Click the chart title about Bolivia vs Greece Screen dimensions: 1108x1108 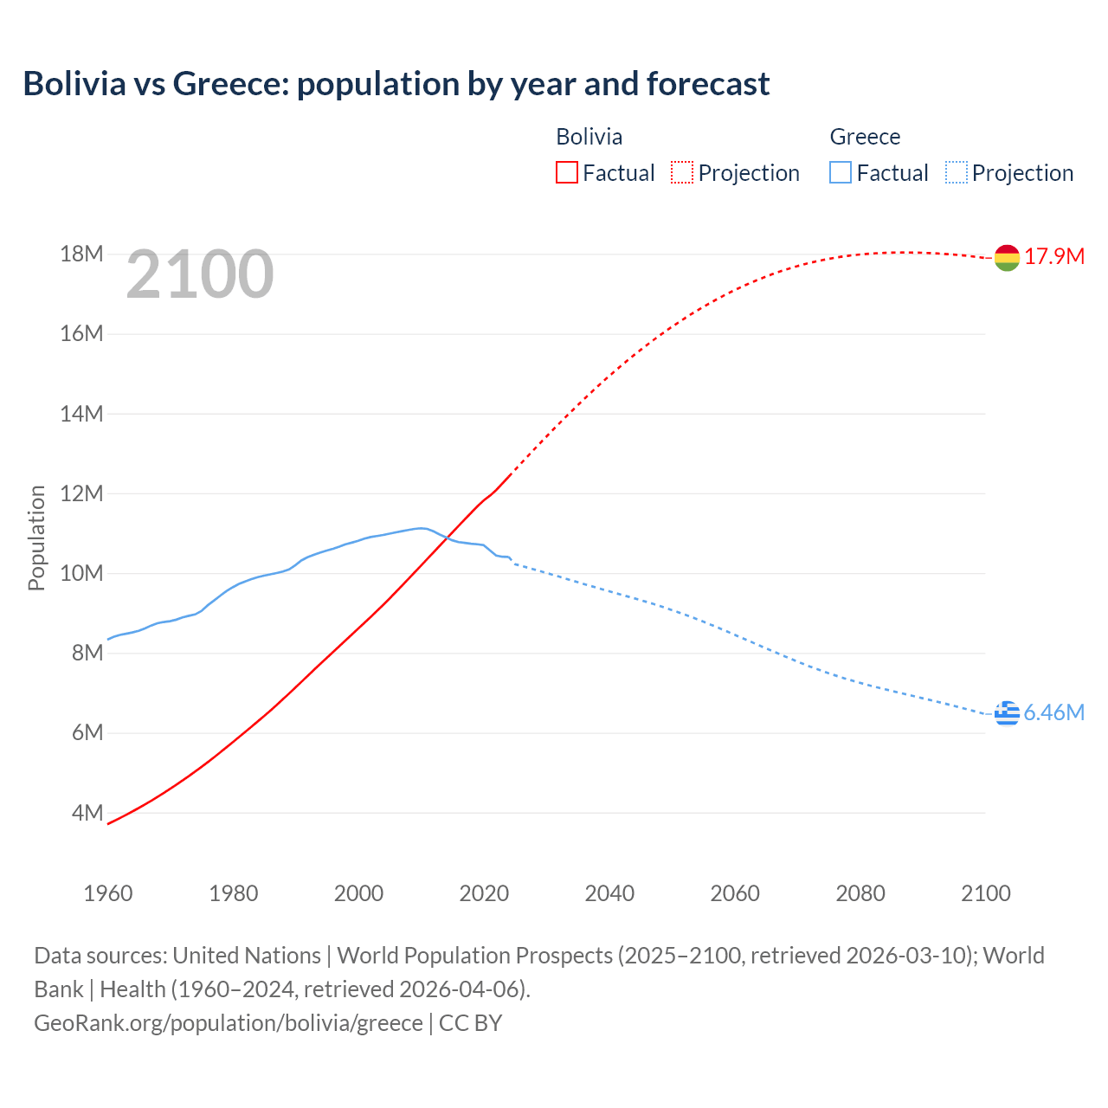396,84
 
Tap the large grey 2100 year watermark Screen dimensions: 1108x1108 200,275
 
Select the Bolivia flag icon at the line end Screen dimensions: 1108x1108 1007,257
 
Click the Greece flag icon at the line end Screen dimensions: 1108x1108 1007,713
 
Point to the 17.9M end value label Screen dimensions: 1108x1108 1054,257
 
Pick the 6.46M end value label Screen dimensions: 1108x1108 1053,713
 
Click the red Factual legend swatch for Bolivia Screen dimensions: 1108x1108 567,173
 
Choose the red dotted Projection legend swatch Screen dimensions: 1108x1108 682,173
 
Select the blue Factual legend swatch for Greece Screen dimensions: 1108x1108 841,173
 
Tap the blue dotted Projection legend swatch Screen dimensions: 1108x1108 957,173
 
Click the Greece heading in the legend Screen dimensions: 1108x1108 865,137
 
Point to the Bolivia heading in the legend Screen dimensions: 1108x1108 589,137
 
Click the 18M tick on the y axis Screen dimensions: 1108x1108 81,254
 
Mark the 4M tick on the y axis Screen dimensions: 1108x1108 87,814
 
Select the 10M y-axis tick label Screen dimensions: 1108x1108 81,574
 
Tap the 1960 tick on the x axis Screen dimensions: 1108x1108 108,893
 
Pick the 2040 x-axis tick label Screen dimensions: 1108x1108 609,893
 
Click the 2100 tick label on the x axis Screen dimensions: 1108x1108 985,893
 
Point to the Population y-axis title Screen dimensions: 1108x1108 36,538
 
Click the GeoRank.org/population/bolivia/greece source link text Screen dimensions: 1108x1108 229,1023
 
